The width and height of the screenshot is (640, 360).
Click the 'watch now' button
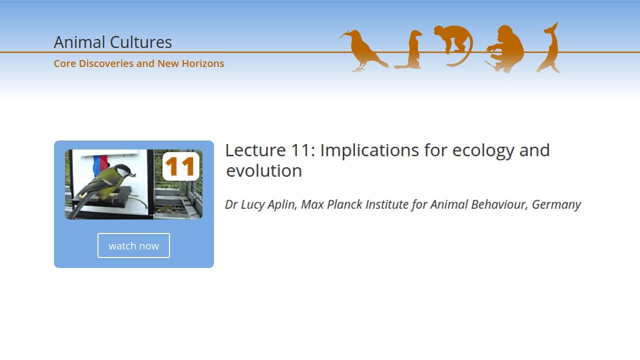133,245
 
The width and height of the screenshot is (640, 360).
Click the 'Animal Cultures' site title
112,42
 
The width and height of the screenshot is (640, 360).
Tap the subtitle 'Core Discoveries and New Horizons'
139,63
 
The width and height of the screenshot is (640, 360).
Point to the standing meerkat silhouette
412,50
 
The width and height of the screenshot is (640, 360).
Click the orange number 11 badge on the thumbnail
180,166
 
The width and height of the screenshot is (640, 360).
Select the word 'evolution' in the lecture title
264,170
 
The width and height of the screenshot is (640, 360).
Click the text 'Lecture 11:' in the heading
270,150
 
